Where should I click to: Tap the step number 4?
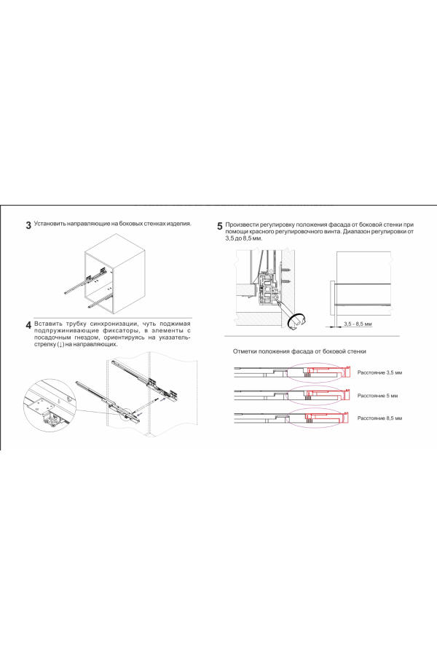(x=28, y=324)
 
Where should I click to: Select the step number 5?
(x=220, y=226)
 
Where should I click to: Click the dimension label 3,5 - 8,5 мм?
(x=358, y=323)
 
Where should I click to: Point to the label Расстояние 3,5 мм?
(x=379, y=372)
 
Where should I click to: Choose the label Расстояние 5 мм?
(x=376, y=395)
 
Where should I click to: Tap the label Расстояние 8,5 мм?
(x=379, y=418)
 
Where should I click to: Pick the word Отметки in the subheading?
(x=246, y=351)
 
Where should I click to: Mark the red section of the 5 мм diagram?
(x=324, y=395)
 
